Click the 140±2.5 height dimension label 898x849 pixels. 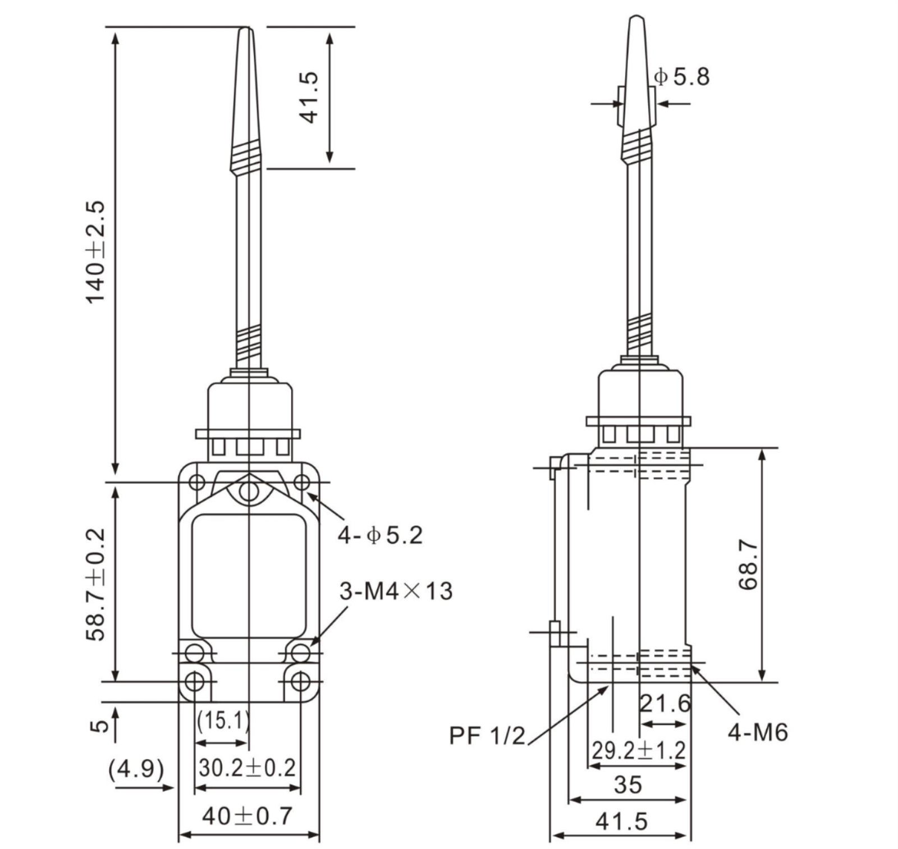point(95,252)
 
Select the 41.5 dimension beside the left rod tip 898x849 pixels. point(309,97)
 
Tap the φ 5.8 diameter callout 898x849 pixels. point(682,77)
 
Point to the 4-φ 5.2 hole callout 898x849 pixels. point(380,535)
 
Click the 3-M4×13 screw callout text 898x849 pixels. point(396,591)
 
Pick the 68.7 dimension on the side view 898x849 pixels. point(748,565)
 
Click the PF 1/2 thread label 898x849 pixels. point(487,736)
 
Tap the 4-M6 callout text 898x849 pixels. point(758,732)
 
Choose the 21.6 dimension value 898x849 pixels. point(665,703)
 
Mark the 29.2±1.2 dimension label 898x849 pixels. point(639,750)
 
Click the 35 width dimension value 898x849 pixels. point(627,785)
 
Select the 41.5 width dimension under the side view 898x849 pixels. point(621,822)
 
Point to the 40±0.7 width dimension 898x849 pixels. point(248,816)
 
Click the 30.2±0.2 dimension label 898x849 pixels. point(247,768)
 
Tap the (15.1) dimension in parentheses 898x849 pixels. point(223,720)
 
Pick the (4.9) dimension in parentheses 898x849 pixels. point(136,769)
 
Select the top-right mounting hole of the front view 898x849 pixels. point(302,481)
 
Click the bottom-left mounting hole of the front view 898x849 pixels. point(195,682)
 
